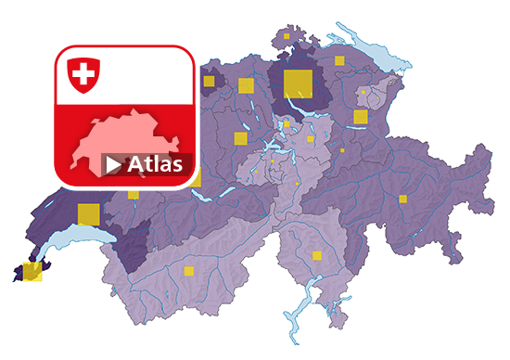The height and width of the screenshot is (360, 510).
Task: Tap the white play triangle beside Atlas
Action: tap(113, 165)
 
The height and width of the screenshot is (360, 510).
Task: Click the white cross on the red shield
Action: tap(84, 72)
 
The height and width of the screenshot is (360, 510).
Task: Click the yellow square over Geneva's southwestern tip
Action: tap(32, 271)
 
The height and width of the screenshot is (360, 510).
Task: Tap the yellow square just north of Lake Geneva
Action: tap(87, 212)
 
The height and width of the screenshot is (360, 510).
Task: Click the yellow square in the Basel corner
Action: tap(209, 81)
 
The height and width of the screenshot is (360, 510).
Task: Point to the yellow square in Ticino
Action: tap(317, 255)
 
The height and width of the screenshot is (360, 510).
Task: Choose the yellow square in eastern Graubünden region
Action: tap(403, 198)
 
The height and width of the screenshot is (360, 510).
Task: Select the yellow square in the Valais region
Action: tap(188, 271)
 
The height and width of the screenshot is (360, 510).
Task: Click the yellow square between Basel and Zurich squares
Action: tap(246, 86)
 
